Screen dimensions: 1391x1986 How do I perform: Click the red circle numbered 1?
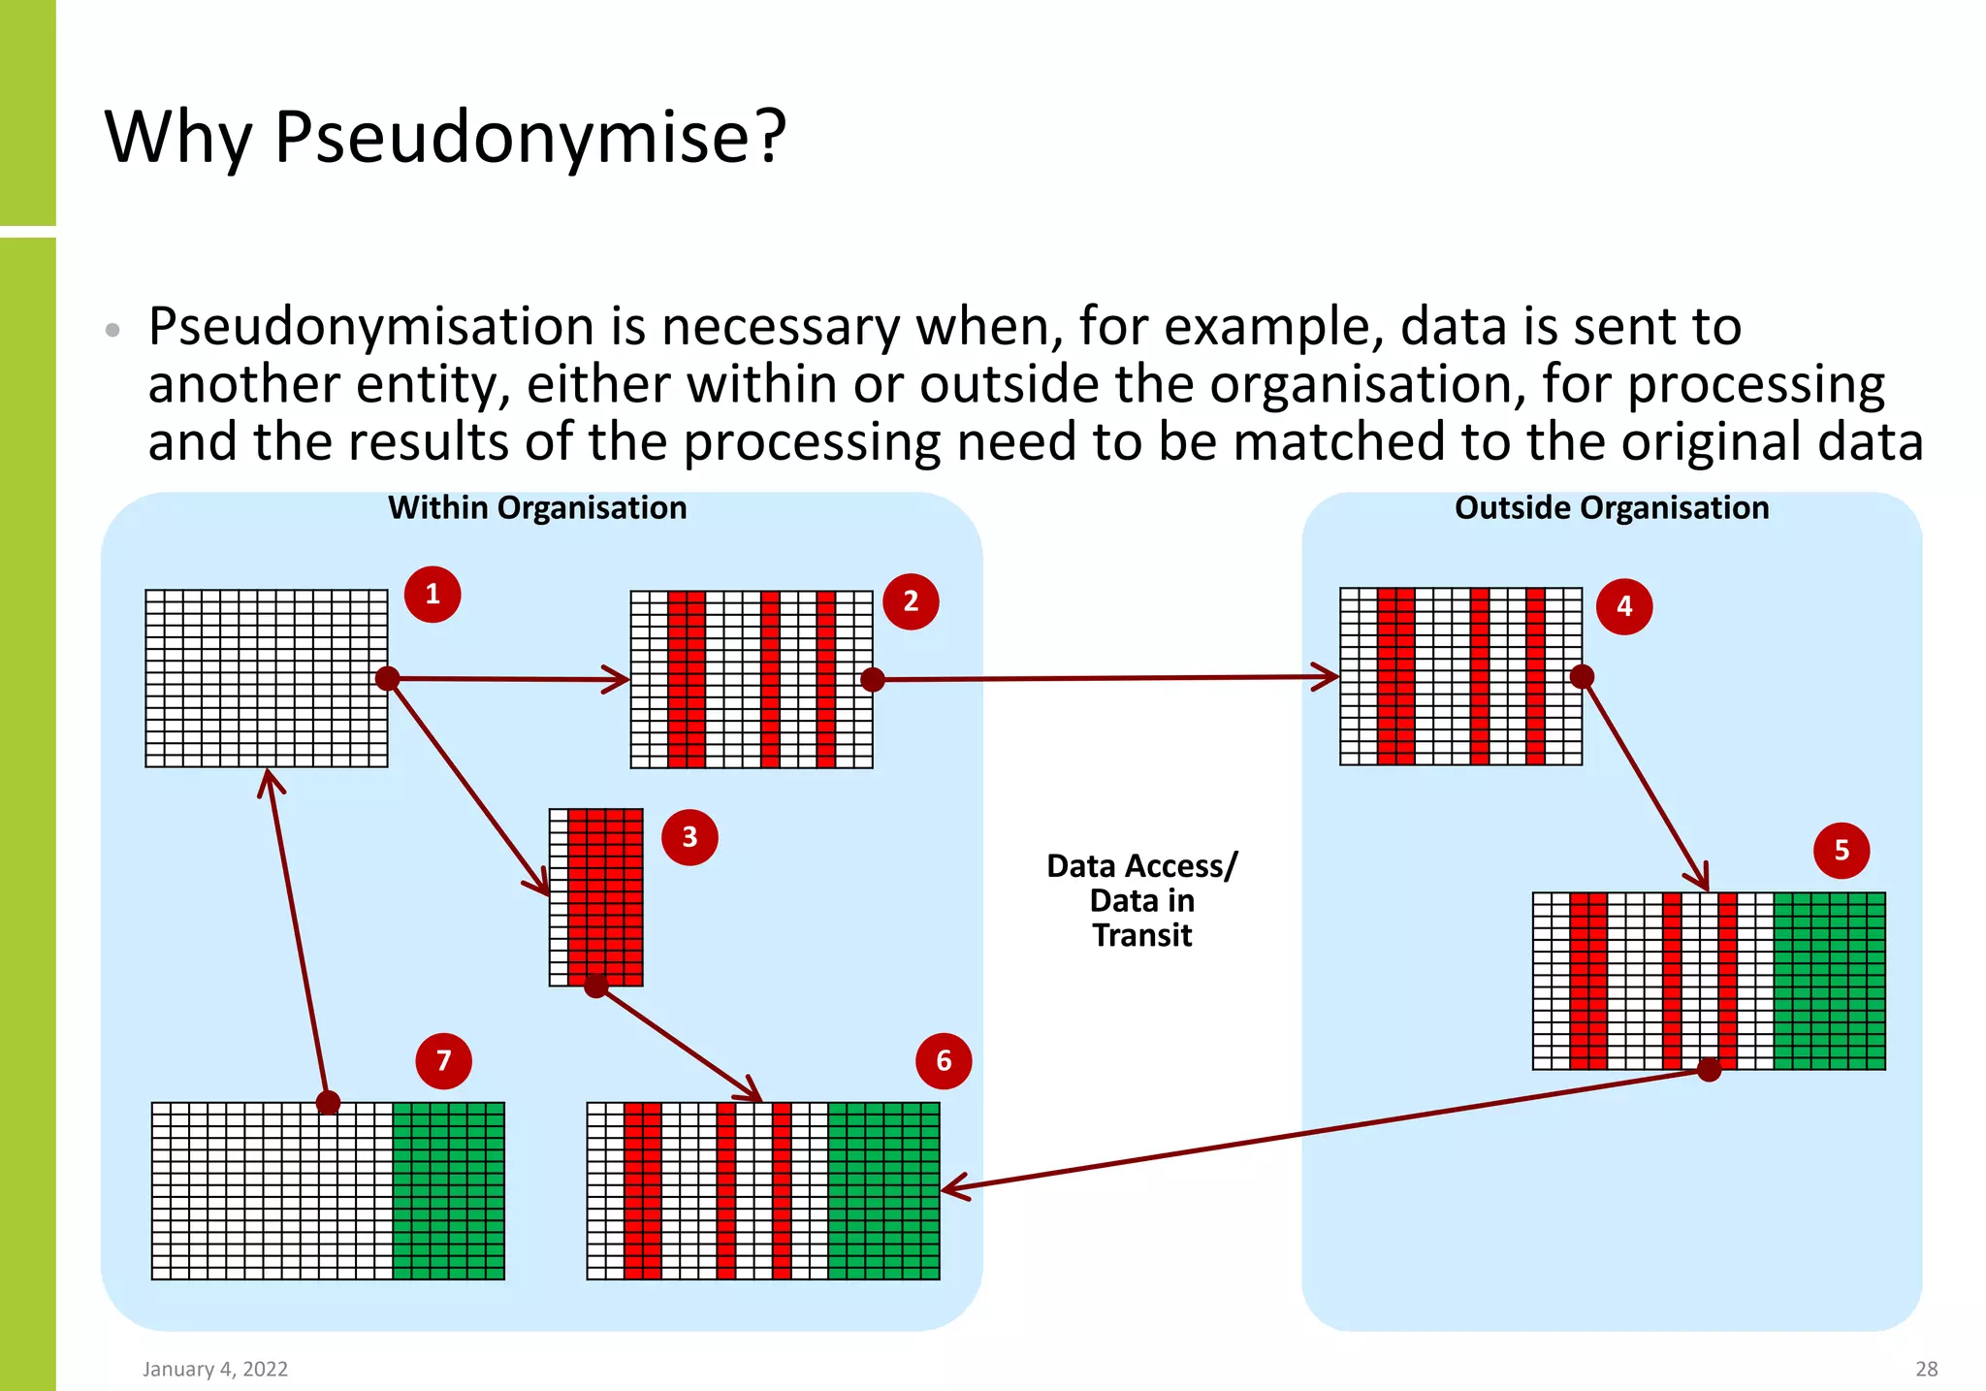click(432, 594)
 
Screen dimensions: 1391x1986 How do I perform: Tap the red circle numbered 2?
click(911, 601)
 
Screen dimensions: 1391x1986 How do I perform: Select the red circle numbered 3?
click(689, 837)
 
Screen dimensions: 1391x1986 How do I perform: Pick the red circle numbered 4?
click(1624, 606)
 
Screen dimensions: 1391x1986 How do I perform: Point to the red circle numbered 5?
click(1842, 851)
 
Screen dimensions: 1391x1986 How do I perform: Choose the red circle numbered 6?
click(944, 1061)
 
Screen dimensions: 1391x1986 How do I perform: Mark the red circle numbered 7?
click(443, 1061)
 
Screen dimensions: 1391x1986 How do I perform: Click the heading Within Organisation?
click(537, 508)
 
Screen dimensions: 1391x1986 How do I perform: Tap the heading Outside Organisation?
click(1612, 508)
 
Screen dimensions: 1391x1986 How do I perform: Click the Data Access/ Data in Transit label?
click(1142, 900)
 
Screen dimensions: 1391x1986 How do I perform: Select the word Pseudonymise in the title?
click(529, 138)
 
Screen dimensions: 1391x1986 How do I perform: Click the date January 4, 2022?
click(215, 1369)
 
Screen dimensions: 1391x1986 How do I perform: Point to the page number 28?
click(1926, 1369)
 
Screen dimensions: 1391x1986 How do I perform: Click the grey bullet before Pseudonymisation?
click(112, 330)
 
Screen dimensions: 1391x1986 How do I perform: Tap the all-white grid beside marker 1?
click(267, 678)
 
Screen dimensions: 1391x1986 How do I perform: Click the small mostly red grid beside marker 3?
click(596, 897)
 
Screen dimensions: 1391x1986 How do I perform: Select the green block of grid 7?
click(448, 1190)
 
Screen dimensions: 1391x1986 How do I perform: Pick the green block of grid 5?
click(1829, 981)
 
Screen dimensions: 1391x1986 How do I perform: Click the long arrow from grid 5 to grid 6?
click(1329, 1129)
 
